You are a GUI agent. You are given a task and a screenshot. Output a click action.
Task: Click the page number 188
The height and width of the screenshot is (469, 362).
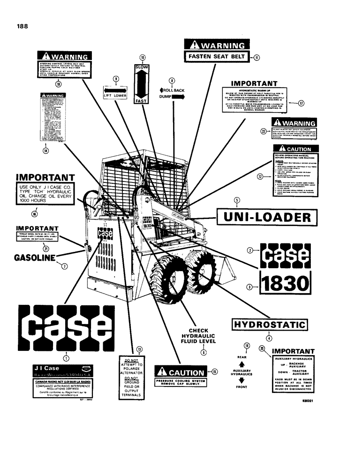click(22, 26)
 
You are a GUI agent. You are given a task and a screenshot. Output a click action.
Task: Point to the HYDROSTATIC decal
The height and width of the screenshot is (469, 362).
click(270, 325)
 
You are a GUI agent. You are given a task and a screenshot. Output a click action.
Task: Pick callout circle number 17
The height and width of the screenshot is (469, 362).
click(301, 104)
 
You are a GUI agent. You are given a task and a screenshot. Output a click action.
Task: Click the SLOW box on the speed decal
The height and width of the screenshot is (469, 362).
click(142, 68)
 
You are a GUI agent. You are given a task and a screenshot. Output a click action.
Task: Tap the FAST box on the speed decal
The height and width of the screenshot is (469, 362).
click(142, 99)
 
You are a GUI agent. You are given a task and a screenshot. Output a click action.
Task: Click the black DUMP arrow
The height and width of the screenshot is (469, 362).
click(179, 96)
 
